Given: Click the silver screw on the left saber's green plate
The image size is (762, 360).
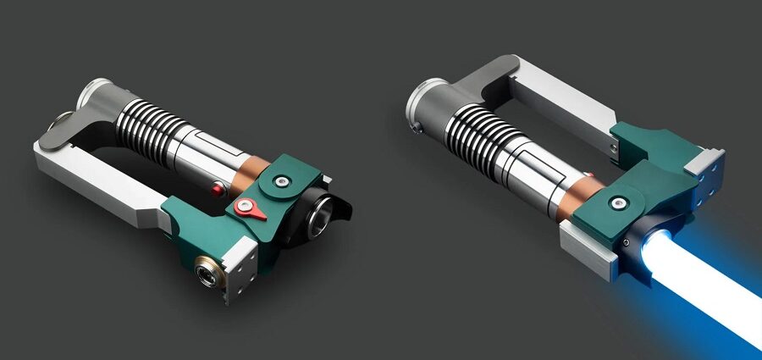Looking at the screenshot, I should point(280,180).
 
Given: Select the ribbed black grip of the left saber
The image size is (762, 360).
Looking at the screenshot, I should point(157,128).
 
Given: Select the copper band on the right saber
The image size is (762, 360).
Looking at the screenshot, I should point(584,192).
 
